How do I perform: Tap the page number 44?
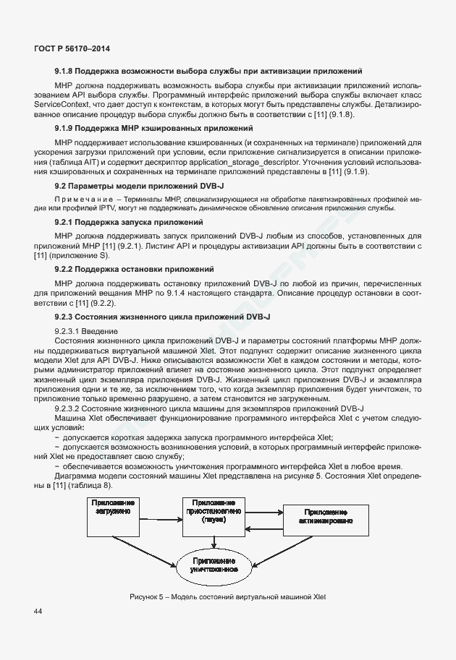[x=38, y=612]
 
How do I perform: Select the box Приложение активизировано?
[x=322, y=515]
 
